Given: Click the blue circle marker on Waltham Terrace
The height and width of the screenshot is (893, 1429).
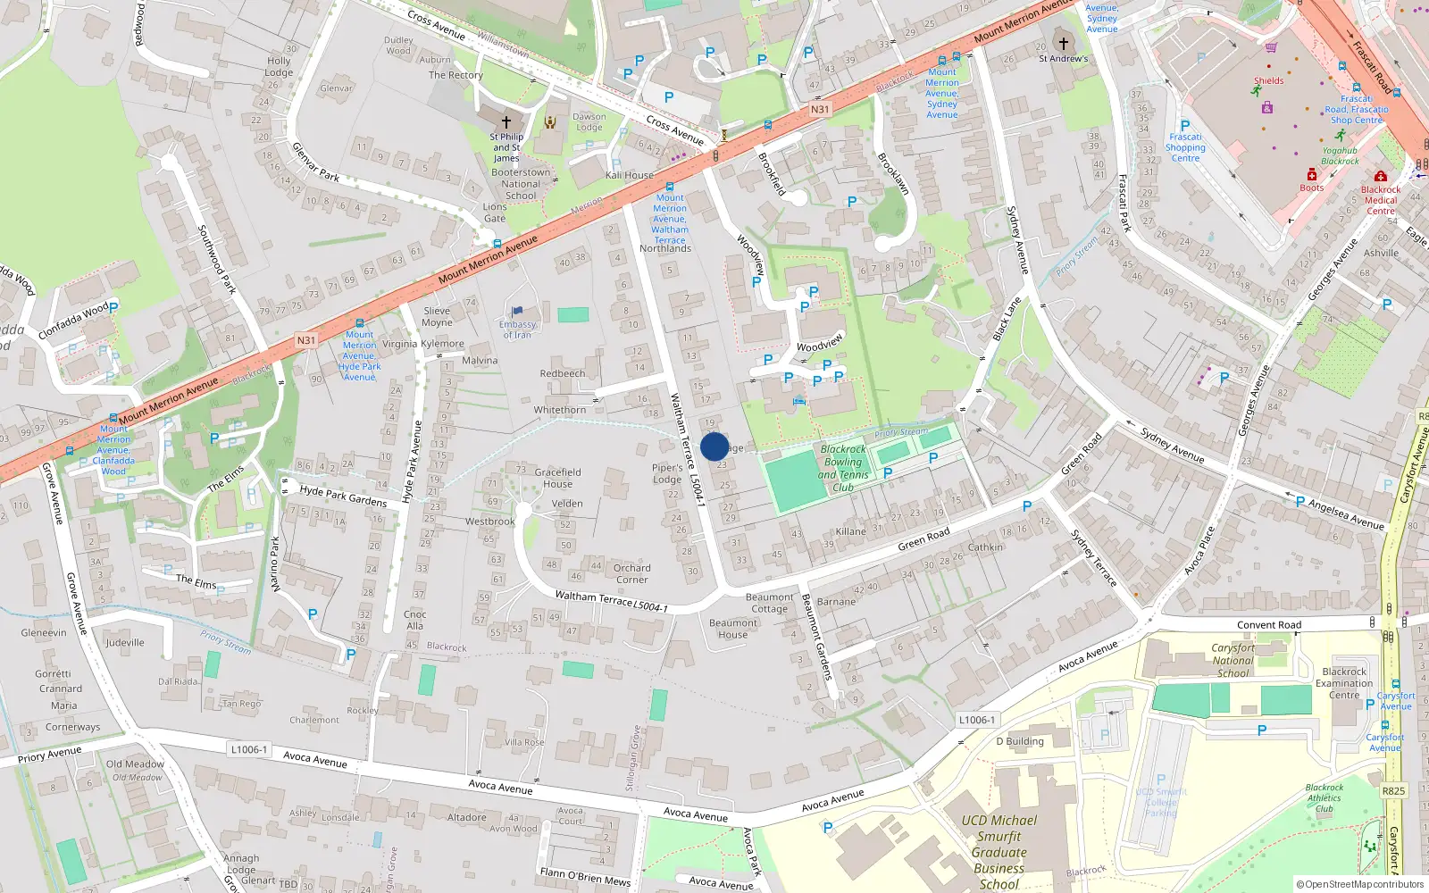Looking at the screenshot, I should tap(714, 446).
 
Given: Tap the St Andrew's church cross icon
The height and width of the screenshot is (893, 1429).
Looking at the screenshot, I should tap(1063, 42).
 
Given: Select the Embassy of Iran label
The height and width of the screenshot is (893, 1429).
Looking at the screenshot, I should tap(517, 330).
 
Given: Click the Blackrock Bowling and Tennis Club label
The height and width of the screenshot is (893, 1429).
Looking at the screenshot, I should tap(843, 469).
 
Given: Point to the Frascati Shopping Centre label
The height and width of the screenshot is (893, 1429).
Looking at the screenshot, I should tap(1185, 147).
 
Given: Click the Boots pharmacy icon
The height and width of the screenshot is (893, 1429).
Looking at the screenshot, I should tap(1311, 174).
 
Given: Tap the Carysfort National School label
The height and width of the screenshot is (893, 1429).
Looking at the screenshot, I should tap(1233, 661).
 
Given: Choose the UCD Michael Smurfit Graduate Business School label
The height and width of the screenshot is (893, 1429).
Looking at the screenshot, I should tap(999, 852).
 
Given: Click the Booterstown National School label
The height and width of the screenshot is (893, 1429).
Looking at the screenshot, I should tap(521, 184).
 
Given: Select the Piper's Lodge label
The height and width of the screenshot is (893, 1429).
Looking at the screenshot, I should tap(667, 473).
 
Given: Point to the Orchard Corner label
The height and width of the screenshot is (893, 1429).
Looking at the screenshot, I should tap(631, 573).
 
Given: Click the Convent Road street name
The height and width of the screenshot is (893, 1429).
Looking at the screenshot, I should tap(1268, 625).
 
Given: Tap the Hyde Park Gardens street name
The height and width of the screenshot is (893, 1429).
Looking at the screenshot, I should tap(343, 497).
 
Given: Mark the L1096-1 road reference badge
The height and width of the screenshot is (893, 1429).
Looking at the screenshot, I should tap(976, 720).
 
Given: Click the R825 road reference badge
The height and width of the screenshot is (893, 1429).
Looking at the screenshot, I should tap(1393, 790).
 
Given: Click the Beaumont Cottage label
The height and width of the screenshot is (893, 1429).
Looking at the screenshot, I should tap(769, 603).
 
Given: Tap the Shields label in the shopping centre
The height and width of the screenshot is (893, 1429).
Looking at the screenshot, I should tap(1268, 80).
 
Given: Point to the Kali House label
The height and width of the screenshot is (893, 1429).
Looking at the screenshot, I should tap(630, 175).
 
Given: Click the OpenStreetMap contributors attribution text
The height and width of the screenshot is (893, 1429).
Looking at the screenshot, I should tap(1360, 884).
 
